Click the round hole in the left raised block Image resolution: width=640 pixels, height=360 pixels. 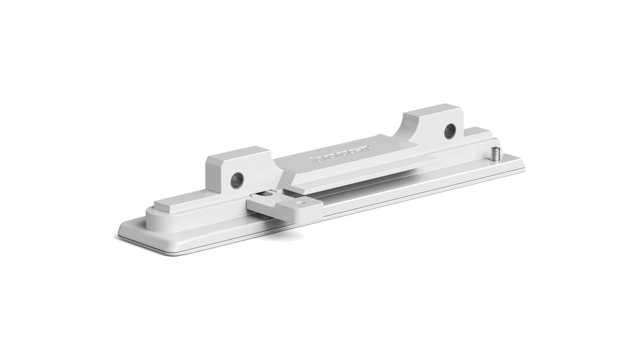point(237,179)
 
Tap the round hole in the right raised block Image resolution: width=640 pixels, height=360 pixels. point(450,131)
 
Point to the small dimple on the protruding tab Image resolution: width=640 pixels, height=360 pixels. point(300,203)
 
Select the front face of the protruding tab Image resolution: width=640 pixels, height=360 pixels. point(285,213)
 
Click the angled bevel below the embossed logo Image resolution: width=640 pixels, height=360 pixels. point(353,171)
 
